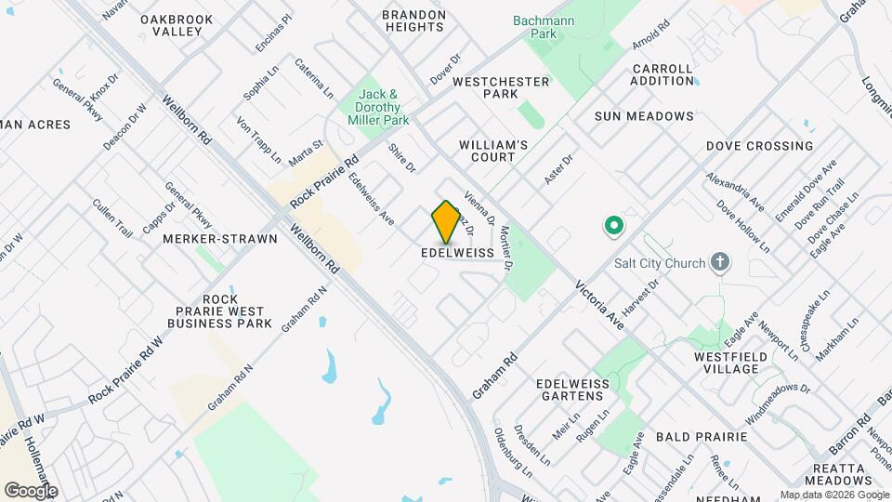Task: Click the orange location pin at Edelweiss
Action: pos(446,221)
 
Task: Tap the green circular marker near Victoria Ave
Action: pos(613,224)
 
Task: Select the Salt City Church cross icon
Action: pos(718,262)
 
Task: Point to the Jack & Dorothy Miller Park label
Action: pos(378,108)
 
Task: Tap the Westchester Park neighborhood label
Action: pos(501,88)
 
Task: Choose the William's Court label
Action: pos(493,151)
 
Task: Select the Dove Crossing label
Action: pos(759,146)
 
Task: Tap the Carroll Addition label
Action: pos(662,75)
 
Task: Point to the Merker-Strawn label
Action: pos(220,239)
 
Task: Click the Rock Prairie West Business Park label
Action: pos(220,310)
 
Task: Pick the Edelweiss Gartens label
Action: pos(571,390)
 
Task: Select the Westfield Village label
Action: pos(727,363)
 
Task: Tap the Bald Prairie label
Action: pos(702,436)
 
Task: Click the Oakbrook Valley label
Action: pos(177,25)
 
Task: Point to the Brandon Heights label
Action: pos(414,21)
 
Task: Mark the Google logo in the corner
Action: pos(31,490)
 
